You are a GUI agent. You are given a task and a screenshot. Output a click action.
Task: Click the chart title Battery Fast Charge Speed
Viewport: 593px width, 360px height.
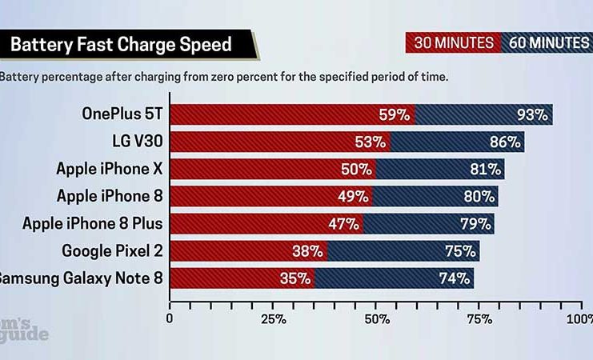[x=121, y=43]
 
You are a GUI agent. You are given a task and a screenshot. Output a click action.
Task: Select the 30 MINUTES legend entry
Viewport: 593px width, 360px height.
[x=453, y=42]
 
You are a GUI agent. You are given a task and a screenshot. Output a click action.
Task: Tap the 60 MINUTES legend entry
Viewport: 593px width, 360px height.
[x=548, y=42]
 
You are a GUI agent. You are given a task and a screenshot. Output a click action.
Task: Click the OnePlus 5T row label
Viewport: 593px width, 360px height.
[x=122, y=114]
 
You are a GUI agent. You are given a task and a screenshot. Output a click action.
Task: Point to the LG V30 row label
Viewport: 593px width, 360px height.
[x=138, y=142]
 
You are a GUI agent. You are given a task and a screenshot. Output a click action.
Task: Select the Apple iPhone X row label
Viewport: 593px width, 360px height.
[x=110, y=169]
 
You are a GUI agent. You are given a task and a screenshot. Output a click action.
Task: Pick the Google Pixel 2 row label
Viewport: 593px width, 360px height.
[x=113, y=251]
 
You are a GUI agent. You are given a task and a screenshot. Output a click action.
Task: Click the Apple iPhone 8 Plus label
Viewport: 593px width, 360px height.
[x=93, y=223]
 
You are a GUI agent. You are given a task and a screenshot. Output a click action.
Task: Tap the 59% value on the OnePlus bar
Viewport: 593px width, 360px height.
[x=394, y=114]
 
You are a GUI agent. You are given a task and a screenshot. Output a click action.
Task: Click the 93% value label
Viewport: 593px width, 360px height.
[x=531, y=114]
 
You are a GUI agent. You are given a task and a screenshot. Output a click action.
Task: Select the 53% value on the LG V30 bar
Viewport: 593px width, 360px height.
[x=369, y=142]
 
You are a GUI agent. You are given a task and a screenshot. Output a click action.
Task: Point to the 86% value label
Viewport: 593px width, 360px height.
[x=503, y=142]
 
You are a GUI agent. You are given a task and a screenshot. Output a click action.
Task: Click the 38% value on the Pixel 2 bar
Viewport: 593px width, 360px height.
[x=307, y=251]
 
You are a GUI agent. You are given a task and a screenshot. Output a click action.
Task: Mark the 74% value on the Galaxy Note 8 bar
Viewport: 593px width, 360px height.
[x=454, y=278]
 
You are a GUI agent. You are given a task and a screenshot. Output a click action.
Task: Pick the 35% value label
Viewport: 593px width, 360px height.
[x=294, y=278]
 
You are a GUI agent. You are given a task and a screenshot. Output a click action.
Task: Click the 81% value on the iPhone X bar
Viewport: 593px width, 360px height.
[x=483, y=170]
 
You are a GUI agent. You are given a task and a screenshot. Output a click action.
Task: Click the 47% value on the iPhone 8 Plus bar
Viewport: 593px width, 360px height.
[x=343, y=224]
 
